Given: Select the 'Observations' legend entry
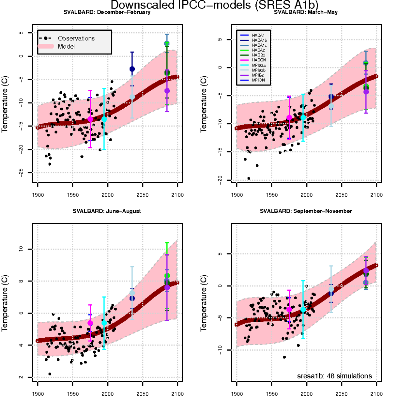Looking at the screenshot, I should pos(76,38).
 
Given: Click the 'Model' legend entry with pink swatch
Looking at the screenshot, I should pos(66,46).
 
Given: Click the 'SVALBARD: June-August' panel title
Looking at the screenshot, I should pos(106,211).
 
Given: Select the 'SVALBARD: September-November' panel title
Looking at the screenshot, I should pos(305,211).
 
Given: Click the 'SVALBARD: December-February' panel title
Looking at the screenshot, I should pos(107,12).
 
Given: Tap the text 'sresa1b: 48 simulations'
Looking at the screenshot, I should pos(335,376).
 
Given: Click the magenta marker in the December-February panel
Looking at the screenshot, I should pos(90,119).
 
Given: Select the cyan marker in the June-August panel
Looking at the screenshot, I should pos(104,323).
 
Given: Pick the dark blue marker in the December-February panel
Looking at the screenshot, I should pos(132,69).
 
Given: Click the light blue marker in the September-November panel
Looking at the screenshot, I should pos(331,289).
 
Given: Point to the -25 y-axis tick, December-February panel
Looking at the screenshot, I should pos(22,172).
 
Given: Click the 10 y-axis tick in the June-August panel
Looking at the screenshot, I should pos(22,249).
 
